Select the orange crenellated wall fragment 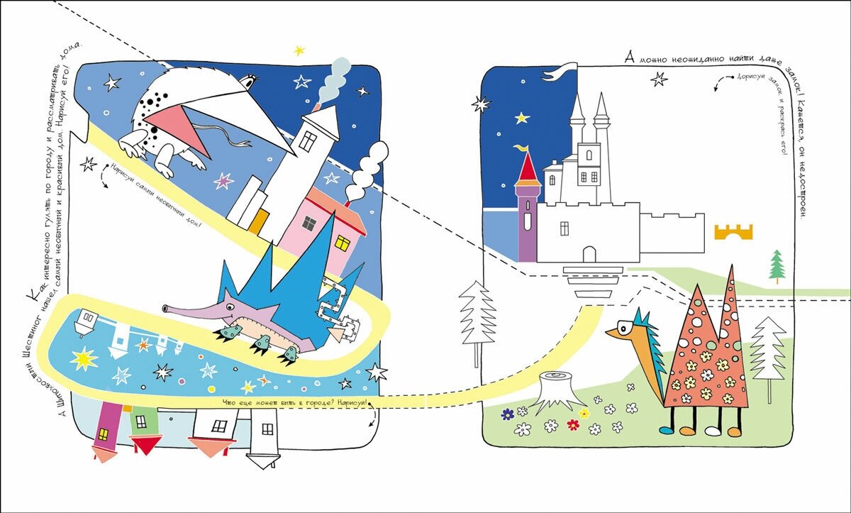733,231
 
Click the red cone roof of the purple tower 528,167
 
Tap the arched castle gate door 589,253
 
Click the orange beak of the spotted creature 618,333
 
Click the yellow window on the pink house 343,243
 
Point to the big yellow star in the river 84,359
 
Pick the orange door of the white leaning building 260,221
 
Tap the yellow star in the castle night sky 523,117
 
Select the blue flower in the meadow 507,413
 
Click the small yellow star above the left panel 299,50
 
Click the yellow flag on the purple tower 523,148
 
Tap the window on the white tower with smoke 308,140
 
